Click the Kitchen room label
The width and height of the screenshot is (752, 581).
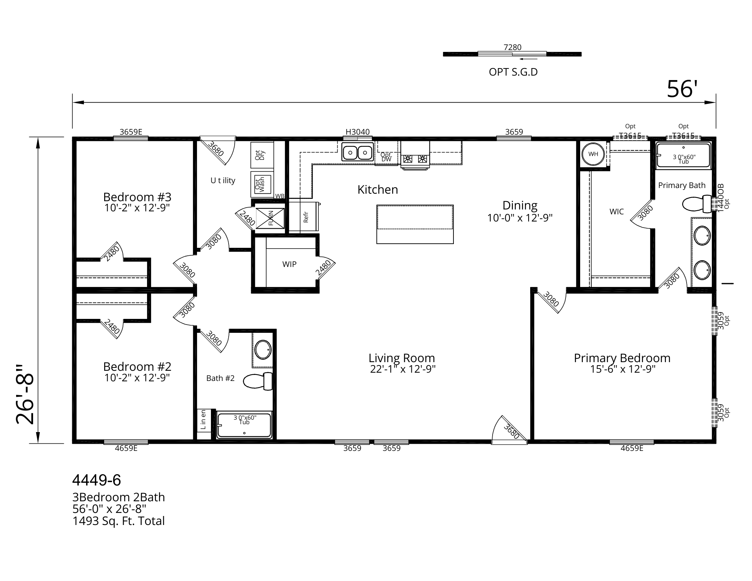378,190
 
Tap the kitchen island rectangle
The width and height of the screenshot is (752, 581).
415,224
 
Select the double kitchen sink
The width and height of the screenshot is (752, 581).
358,152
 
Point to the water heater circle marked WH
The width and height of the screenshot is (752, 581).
593,154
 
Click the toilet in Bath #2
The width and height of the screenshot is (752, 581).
258,381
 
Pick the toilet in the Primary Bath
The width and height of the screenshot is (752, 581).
697,204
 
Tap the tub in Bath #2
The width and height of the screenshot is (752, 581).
244,425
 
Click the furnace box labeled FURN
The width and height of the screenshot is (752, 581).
270,217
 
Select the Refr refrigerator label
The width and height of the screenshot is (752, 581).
306,217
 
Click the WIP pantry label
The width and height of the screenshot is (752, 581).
289,264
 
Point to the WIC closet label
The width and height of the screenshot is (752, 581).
617,212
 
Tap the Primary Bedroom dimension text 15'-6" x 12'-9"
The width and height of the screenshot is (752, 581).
623,369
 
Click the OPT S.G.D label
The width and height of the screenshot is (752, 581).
513,72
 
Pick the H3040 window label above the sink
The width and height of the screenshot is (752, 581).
358,132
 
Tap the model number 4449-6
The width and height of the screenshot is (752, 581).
97,480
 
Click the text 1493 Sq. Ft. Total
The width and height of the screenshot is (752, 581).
118,521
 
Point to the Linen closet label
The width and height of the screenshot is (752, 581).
203,419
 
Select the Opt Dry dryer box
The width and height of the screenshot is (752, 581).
262,155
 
